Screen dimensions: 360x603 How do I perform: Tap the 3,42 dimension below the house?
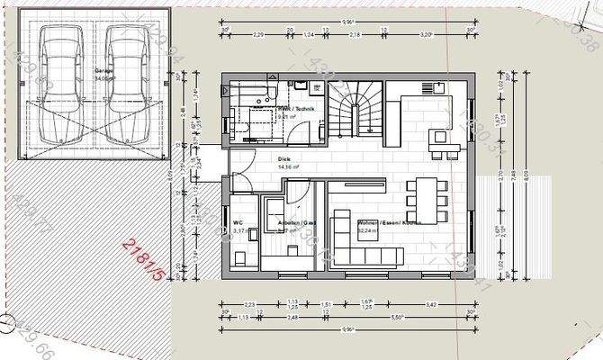432,305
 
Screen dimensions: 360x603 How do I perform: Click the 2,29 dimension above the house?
257,35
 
